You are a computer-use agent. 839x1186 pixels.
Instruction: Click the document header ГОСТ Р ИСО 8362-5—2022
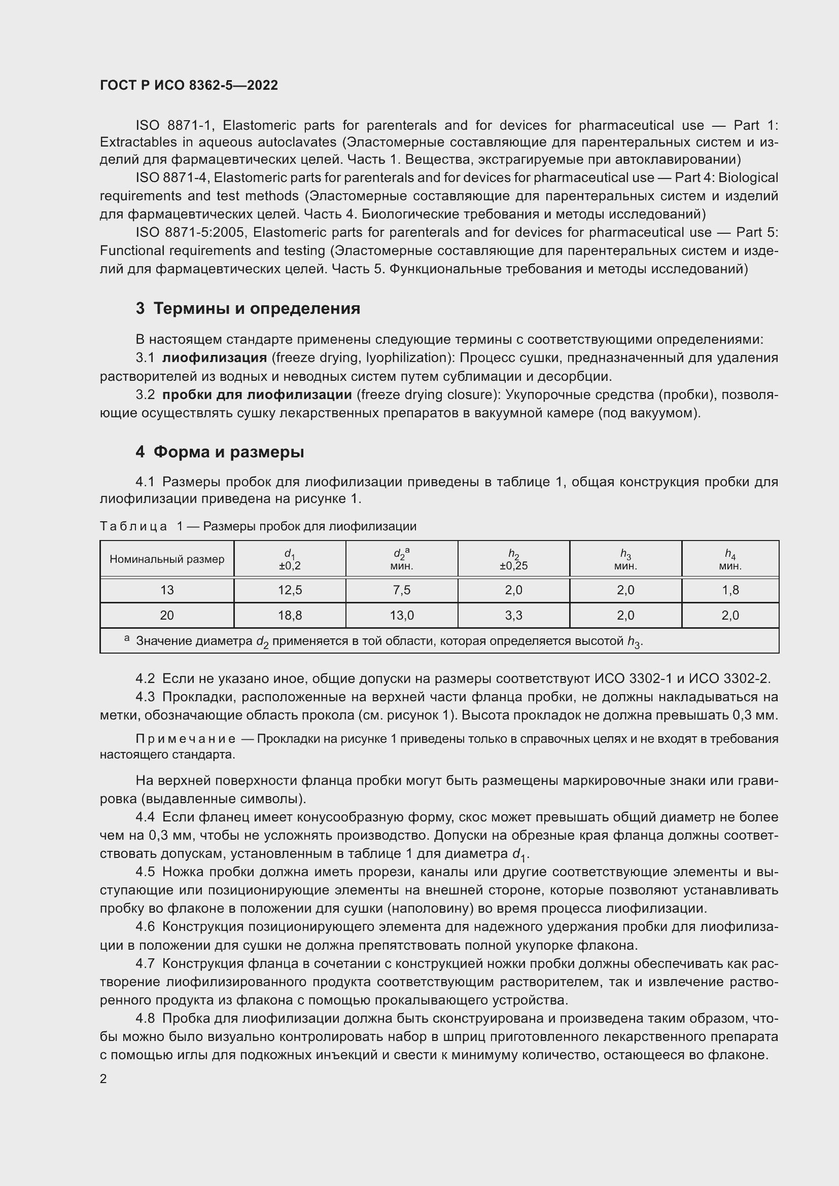point(189,85)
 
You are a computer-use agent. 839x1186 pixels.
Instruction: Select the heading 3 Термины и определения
point(248,308)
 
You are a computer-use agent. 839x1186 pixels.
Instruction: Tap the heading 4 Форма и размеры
point(220,452)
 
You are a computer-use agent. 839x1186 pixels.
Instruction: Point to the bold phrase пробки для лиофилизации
point(257,394)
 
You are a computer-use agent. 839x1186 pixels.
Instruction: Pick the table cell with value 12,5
point(290,590)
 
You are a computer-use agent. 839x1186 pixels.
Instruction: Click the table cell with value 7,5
point(401,590)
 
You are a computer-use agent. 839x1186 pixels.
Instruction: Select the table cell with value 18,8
point(290,615)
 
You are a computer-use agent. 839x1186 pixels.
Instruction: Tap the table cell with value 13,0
point(401,615)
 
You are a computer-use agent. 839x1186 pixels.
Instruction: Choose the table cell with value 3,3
point(513,615)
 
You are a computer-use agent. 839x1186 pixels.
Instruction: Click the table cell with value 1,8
point(730,590)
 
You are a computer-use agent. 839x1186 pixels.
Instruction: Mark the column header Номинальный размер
point(167,559)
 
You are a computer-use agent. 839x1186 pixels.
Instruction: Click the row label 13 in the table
point(167,590)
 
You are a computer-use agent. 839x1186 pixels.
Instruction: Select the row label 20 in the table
point(167,615)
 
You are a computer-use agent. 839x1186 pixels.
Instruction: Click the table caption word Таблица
point(133,526)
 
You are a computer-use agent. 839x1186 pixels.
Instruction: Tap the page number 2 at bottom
point(103,1079)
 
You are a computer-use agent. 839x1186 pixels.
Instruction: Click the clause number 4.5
point(145,872)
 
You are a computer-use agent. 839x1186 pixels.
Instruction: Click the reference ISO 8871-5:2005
point(190,232)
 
